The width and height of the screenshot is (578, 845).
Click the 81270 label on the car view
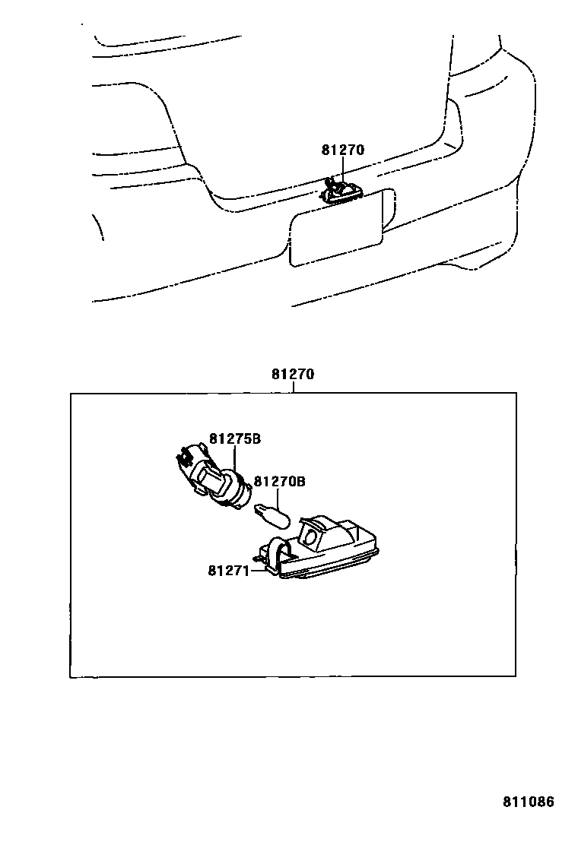coord(342,150)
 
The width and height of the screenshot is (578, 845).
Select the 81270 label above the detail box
coord(293,375)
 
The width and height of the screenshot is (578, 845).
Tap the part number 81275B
coord(235,439)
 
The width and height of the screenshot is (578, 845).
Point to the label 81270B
coord(279,481)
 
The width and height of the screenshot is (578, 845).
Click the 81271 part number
coord(228,570)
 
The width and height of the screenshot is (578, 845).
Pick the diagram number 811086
coord(527,802)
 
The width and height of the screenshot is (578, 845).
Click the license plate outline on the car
coord(336,228)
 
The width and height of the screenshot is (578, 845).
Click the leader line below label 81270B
coord(279,498)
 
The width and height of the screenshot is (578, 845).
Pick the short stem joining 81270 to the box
coord(294,387)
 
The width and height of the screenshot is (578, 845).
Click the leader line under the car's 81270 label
coord(342,168)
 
